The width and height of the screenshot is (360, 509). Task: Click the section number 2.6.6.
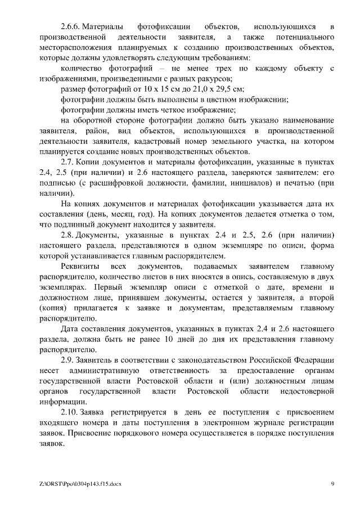point(72,27)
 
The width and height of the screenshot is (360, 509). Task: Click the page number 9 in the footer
point(332,484)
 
